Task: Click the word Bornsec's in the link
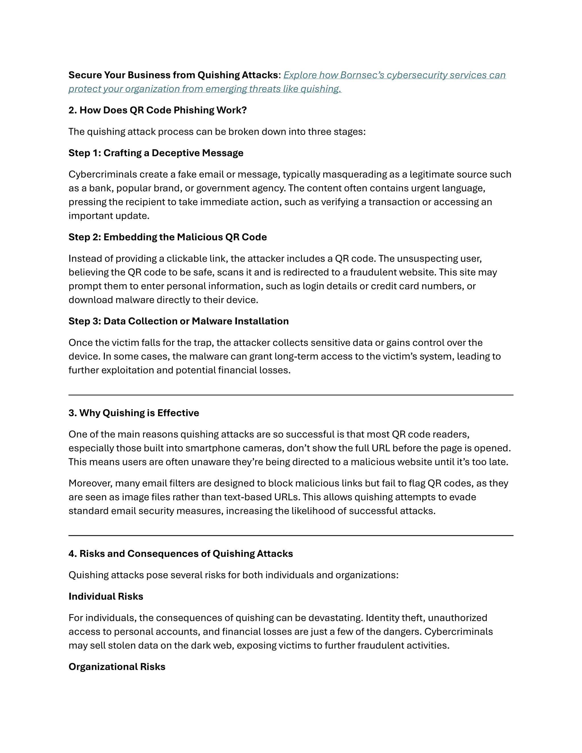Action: pos(362,75)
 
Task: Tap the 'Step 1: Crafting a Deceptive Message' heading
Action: pos(156,153)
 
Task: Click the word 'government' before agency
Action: pos(223,188)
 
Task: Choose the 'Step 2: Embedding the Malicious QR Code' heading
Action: pos(168,237)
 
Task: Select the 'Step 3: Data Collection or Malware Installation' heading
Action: pos(178,321)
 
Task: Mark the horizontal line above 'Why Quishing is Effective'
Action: pos(291,395)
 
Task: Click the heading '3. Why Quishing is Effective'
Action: pos(134,413)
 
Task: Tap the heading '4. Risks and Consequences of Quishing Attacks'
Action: pos(181,554)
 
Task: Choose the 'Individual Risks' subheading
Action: pos(106,596)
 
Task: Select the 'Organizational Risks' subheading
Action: pos(117,667)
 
